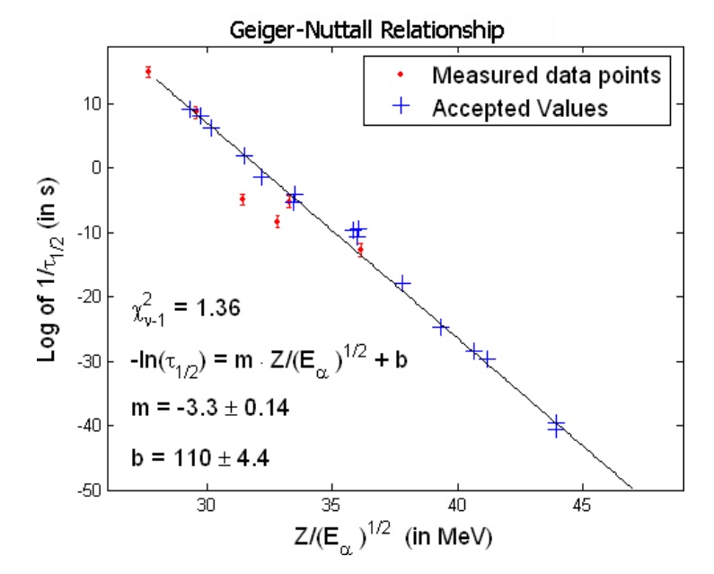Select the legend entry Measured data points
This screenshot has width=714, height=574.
[x=546, y=75]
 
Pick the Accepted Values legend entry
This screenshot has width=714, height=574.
[x=520, y=108]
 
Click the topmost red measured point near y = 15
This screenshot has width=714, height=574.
[x=148, y=72]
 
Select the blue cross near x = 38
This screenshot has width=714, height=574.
[x=402, y=283]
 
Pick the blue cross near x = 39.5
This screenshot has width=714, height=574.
[x=441, y=326]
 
